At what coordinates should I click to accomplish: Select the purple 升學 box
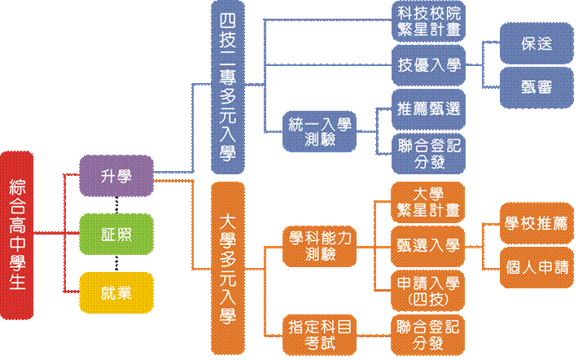pos(116,175)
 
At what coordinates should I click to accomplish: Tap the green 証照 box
pos(116,235)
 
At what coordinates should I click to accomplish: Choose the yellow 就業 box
pos(116,292)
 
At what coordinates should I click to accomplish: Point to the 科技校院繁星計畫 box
pos(428,22)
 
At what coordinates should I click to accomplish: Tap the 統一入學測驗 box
pos(320,130)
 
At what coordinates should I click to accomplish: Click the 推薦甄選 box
pos(428,108)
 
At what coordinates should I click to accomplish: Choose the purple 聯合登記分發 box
pos(428,152)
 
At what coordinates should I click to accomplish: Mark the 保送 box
pos(536,44)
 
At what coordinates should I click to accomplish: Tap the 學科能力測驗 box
pos(320,246)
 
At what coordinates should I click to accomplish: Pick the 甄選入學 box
pos(428,245)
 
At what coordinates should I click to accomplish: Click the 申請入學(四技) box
pos(428,290)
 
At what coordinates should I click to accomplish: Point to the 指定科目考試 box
pos(320,334)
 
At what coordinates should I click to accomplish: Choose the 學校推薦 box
pos(536,224)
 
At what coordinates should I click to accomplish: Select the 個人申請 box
pos(536,267)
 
